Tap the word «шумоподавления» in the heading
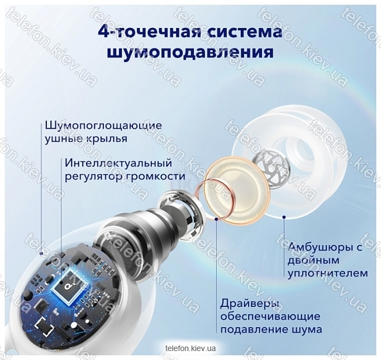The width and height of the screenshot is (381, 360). click(190, 52)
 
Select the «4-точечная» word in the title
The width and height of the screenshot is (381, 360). click(149, 32)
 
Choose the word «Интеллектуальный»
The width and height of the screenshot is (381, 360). click(118, 163)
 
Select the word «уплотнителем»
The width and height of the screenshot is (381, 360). click(328, 274)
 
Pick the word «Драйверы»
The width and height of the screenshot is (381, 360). click(250, 304)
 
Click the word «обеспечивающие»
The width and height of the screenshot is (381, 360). click(270, 317)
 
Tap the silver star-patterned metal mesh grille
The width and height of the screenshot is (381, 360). click(275, 169)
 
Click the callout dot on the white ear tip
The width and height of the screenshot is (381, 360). click(284, 217)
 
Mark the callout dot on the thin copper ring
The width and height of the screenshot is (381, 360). click(216, 219)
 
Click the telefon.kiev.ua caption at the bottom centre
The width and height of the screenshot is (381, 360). click(190, 349)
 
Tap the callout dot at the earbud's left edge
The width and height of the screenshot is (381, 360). click(41, 253)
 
